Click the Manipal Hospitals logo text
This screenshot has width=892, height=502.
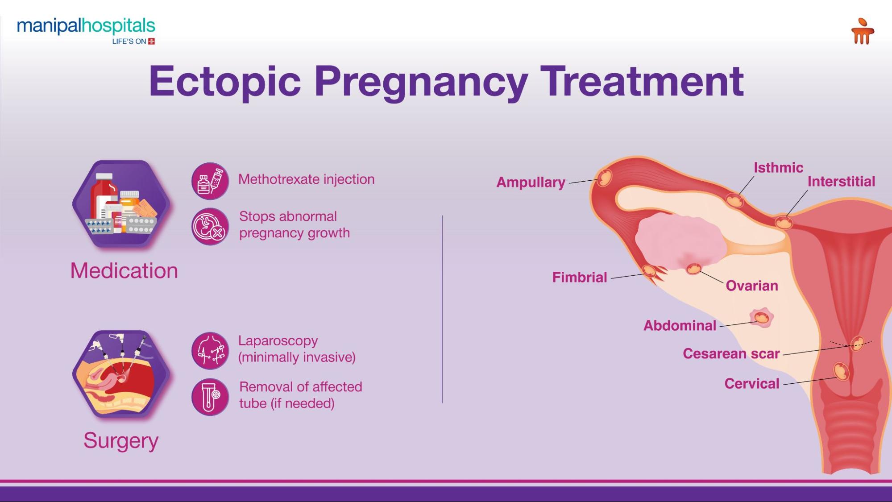pos(86,26)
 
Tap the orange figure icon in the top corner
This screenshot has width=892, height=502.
pos(862,31)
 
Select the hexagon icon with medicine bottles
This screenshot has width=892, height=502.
pos(121,203)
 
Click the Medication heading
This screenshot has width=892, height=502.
pos(124,270)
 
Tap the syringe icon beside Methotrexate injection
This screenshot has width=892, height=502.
pos(210,181)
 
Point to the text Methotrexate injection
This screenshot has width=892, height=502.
pos(306,179)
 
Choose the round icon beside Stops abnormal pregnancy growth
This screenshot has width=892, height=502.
pos(210,226)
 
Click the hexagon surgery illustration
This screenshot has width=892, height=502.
pos(121,374)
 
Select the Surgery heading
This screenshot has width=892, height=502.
pos(121,441)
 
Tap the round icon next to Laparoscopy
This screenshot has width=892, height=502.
pos(210,351)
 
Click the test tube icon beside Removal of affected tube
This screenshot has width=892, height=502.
pos(210,397)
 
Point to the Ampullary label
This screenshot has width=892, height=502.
pos(531,183)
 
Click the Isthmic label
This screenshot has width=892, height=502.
pos(778,168)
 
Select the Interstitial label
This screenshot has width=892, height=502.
pos(841,181)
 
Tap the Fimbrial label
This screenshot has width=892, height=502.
pos(580,277)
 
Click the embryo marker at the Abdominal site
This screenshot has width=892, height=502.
pos(762,318)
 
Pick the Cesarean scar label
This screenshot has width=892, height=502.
pos(731,353)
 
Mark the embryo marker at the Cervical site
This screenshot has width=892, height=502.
pos(841,371)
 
